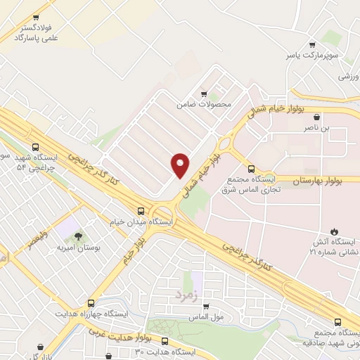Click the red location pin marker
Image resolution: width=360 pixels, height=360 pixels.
[180, 165]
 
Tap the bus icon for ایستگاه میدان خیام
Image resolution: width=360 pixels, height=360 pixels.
[141, 210]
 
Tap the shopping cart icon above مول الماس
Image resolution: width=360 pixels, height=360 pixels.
[206, 306]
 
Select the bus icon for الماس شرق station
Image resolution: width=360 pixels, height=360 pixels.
[252, 168]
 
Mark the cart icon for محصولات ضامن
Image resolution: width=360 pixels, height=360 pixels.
[204, 93]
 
